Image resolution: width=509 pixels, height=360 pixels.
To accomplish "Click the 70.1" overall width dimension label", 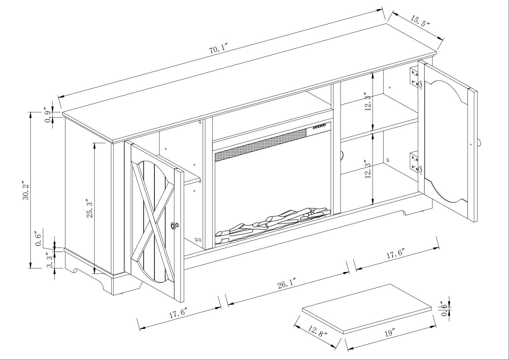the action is click(x=218, y=50).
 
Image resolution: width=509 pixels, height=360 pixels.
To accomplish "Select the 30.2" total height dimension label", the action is click(x=26, y=190).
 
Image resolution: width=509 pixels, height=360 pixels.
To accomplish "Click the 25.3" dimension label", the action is click(x=90, y=210).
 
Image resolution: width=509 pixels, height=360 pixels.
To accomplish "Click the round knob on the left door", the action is click(x=174, y=226).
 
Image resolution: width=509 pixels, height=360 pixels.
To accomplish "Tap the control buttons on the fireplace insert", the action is click(x=319, y=127).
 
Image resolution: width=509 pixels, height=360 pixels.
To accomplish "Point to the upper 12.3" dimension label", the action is click(x=368, y=101).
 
